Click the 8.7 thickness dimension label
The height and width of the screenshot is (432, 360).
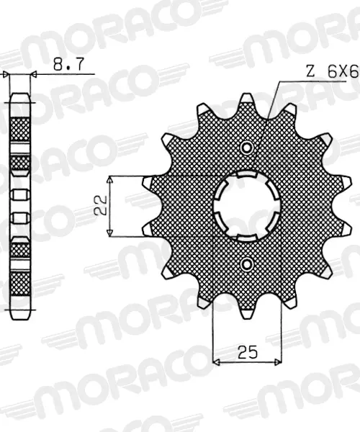click(x=68, y=65)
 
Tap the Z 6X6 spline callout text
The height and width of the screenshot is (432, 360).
click(x=332, y=72)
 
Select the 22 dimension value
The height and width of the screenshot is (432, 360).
click(x=100, y=205)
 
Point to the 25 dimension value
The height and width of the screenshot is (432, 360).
click(x=248, y=352)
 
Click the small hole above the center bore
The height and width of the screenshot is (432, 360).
click(x=246, y=148)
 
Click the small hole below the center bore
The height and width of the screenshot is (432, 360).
click(x=246, y=264)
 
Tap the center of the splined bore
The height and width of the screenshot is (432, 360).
click(x=246, y=206)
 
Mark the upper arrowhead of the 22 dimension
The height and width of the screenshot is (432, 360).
click(x=110, y=179)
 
